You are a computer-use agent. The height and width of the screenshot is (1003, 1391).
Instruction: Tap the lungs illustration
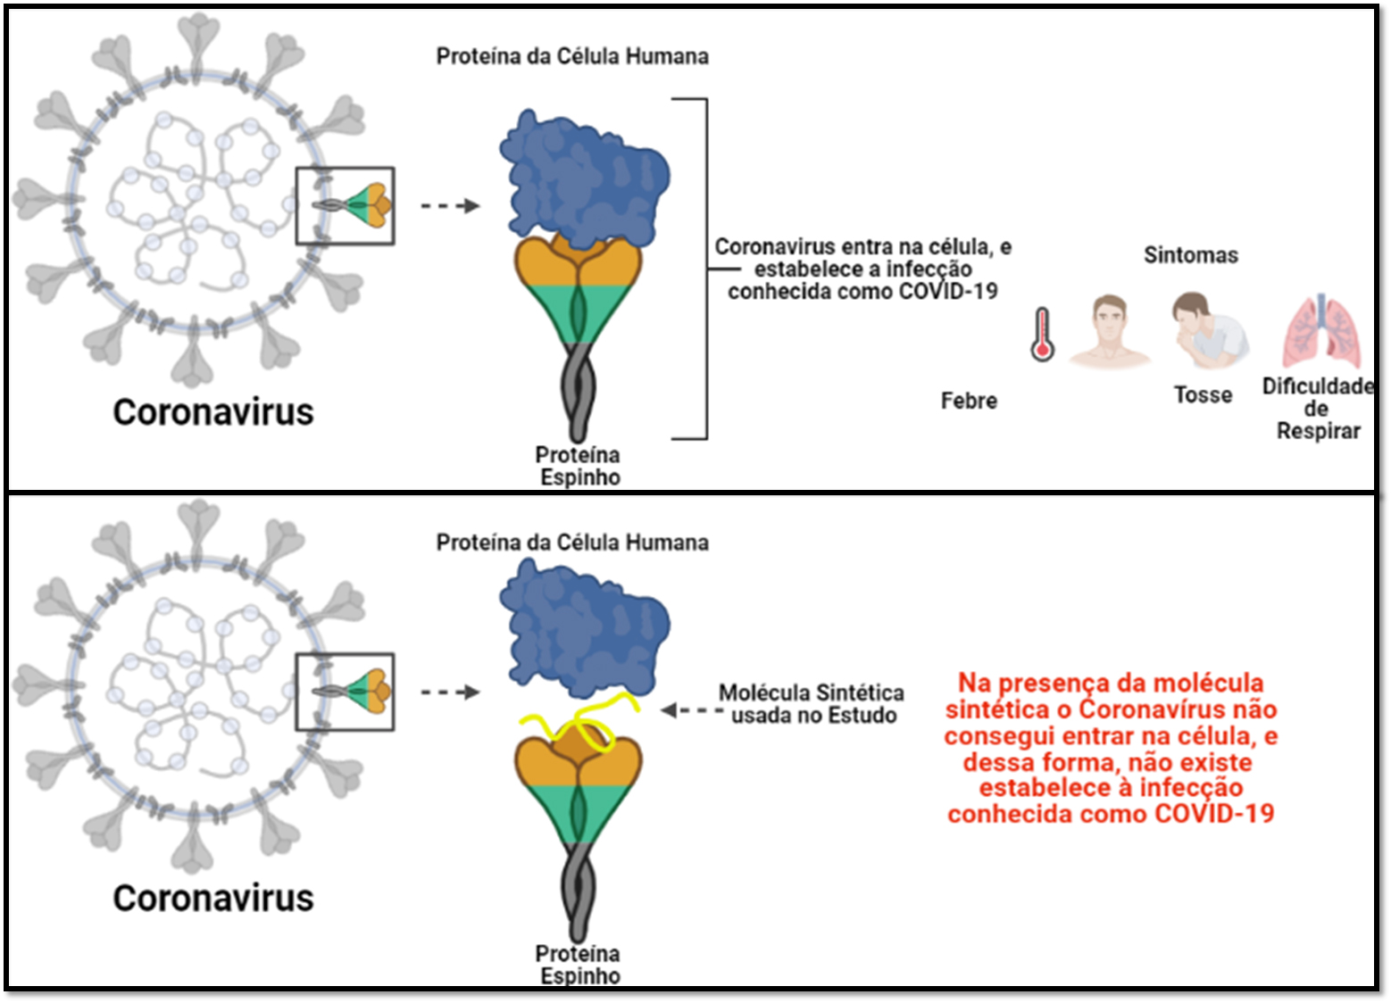click(x=1321, y=331)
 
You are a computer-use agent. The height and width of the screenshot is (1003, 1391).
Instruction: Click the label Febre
click(x=969, y=401)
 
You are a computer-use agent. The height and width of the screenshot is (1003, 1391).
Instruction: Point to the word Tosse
click(x=1203, y=394)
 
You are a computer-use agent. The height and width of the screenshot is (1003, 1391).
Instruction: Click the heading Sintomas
click(x=1191, y=255)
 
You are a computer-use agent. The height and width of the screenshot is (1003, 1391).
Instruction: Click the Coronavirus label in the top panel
click(x=213, y=412)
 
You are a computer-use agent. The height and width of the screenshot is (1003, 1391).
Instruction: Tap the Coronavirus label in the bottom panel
click(x=213, y=898)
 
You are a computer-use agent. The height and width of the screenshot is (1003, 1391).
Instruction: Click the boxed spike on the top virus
click(x=345, y=205)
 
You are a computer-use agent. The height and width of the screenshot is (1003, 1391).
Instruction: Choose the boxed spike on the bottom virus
click(x=345, y=692)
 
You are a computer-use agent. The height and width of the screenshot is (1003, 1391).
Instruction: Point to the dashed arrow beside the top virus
click(x=450, y=206)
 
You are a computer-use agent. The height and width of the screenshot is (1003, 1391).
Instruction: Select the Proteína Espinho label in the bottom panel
click(x=579, y=965)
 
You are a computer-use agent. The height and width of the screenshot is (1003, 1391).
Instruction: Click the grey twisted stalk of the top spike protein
click(x=579, y=393)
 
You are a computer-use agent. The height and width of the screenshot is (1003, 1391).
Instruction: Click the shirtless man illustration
click(x=1110, y=331)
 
